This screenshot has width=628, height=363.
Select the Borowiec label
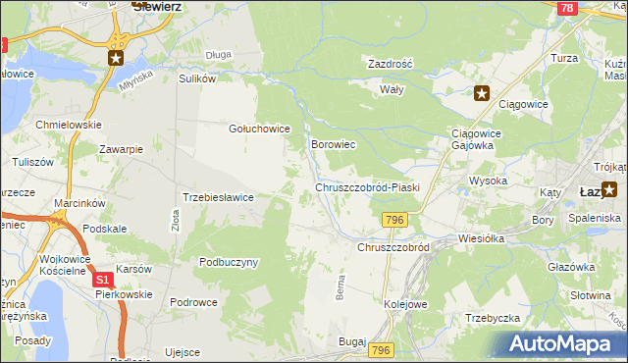coord(333,144)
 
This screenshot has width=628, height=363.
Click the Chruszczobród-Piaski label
coord(367,186)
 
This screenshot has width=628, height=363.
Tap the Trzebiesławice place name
coord(219,197)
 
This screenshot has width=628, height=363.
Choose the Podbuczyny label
coord(229,262)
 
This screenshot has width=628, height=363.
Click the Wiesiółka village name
coord(481,237)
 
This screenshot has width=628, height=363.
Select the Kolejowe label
coord(405,304)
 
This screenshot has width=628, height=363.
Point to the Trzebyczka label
coord(492,317)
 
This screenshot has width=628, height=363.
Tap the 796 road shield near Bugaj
coord(382,350)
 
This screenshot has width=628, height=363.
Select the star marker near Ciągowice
coord(481,94)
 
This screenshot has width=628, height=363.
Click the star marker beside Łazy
coord(610,190)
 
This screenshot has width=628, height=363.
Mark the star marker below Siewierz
coord(116,59)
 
